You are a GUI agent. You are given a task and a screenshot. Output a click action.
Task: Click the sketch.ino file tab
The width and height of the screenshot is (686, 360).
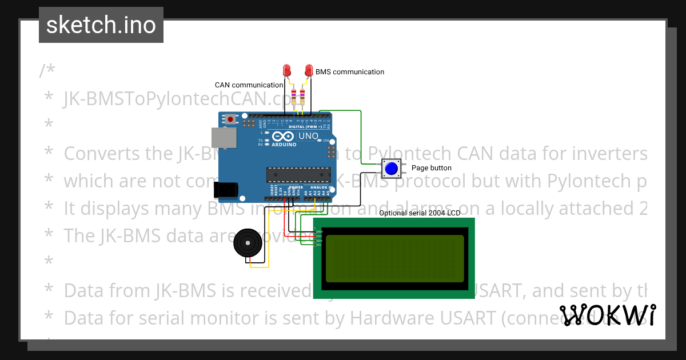point(101,25)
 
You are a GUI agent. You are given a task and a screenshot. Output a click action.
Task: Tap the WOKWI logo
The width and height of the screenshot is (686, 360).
point(607,315)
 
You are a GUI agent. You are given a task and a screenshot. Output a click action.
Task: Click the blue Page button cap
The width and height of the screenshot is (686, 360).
point(392,169)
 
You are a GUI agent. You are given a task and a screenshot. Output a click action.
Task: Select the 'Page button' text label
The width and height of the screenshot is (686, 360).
point(432,168)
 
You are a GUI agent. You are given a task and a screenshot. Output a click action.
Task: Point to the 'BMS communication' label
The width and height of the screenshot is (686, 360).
point(350,72)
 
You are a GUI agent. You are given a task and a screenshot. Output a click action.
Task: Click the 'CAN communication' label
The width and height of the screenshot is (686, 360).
point(249,85)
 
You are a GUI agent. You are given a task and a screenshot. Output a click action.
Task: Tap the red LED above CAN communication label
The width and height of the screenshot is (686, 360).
point(288,70)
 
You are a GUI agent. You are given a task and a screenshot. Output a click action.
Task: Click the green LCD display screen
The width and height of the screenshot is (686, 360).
point(394,258)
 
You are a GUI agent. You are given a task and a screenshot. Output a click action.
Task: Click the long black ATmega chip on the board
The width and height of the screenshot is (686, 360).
point(298,174)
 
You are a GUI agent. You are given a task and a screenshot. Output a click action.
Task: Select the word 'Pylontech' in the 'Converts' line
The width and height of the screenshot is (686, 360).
point(409,154)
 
